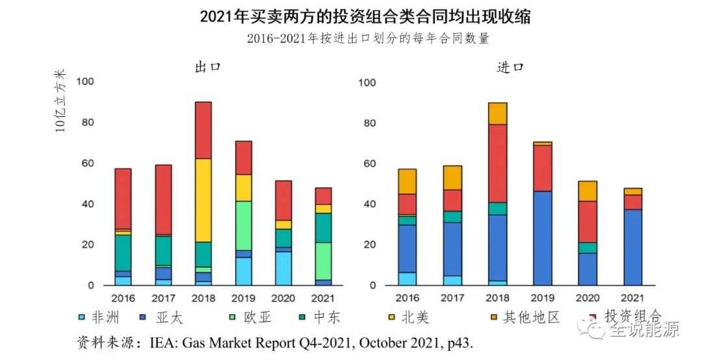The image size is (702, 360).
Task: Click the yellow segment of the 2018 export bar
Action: pos(203,200)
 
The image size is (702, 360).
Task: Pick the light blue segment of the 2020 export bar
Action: pos(283,268)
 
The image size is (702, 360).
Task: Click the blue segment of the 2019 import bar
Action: pos(542,238)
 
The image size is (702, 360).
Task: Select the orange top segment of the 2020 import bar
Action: pos(587,190)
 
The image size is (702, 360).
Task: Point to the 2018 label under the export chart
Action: pos(203,298)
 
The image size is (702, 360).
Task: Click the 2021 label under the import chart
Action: pos(632,298)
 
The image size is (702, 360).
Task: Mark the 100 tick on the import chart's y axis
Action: pos(367,83)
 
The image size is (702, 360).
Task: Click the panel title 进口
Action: pos(510,66)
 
